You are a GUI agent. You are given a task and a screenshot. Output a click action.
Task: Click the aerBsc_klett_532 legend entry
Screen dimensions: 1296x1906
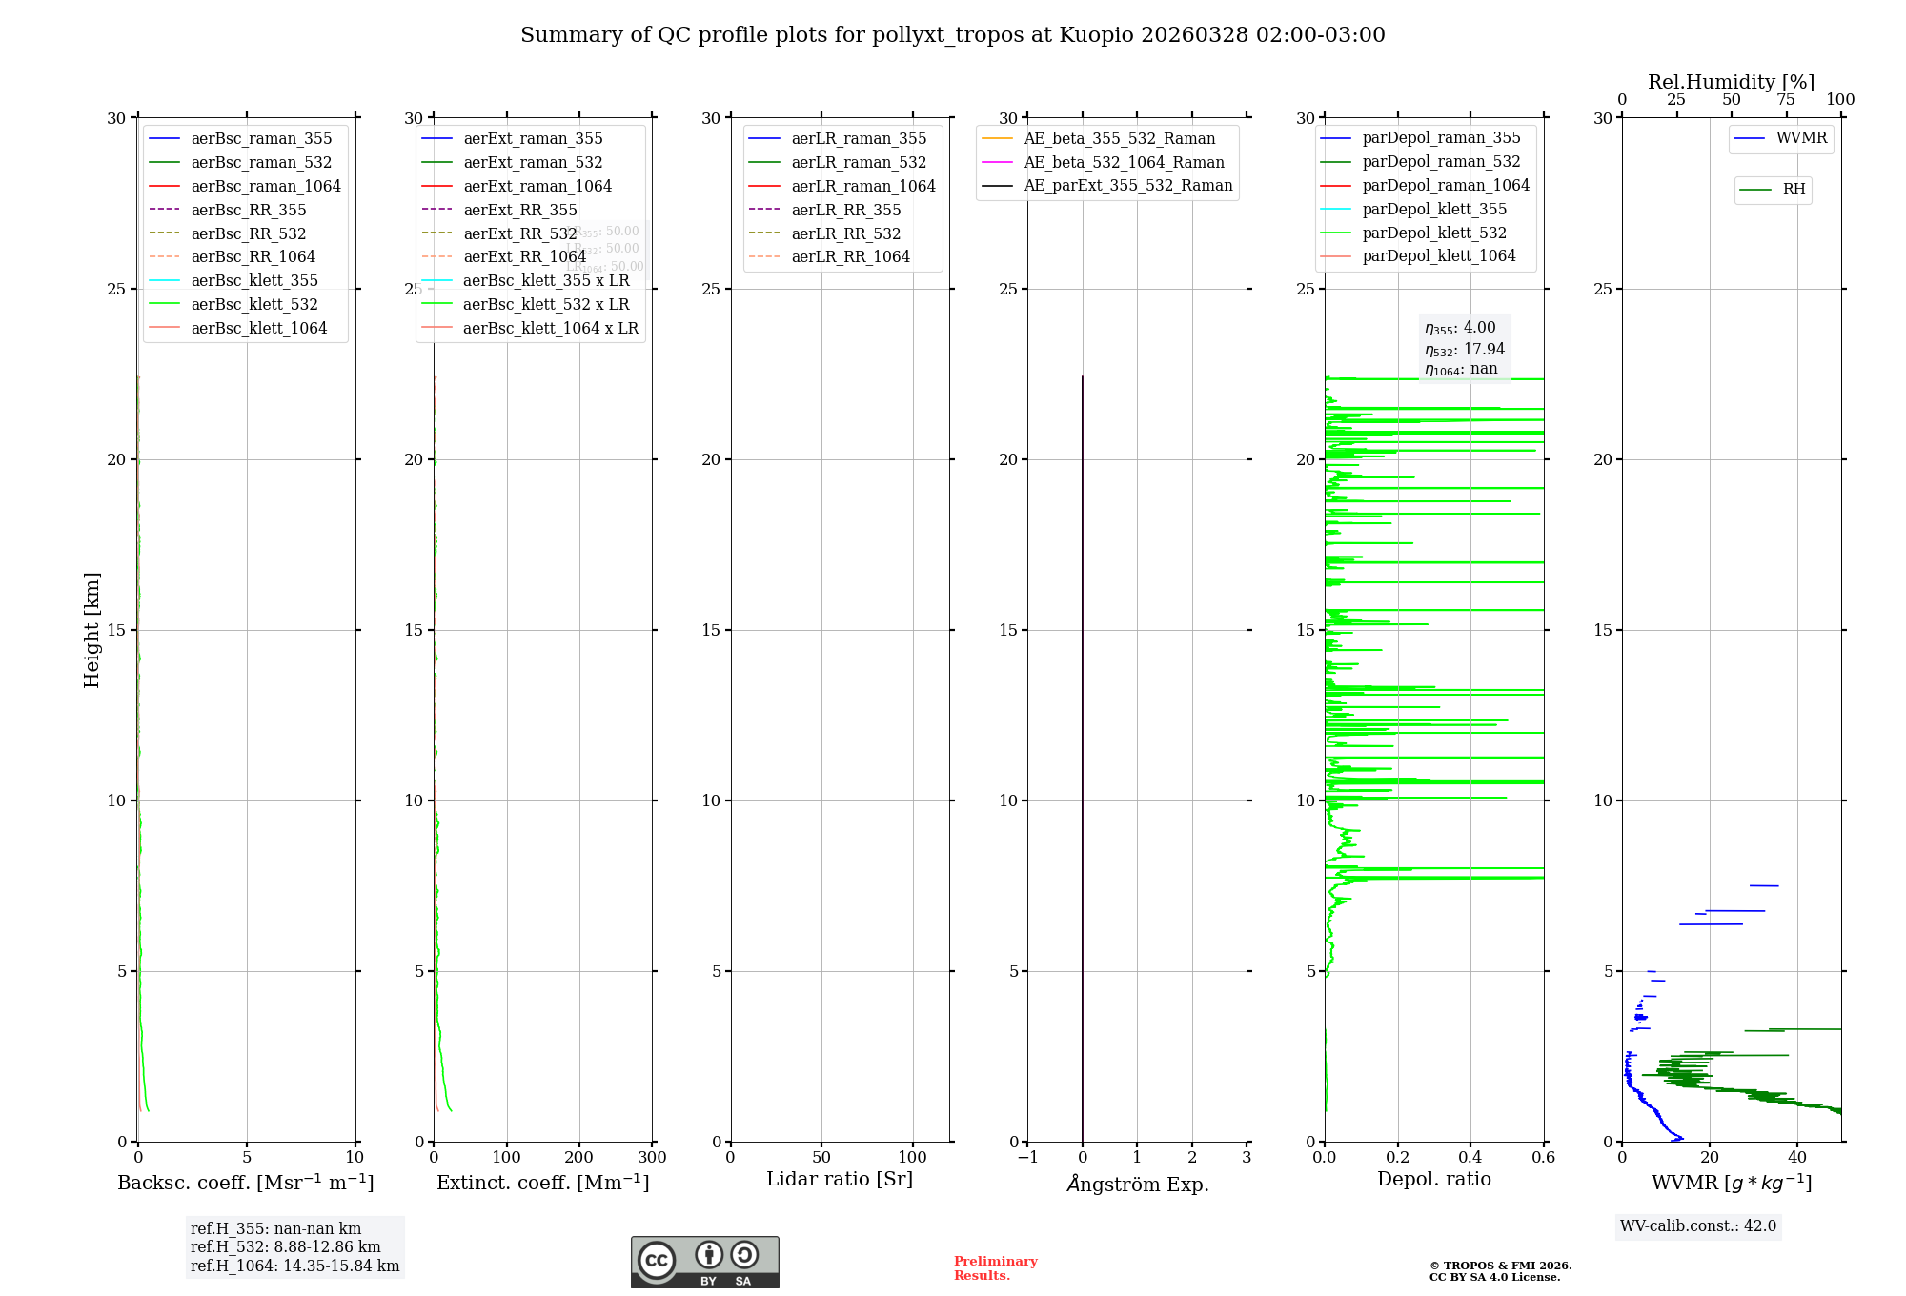pyautogui.click(x=254, y=304)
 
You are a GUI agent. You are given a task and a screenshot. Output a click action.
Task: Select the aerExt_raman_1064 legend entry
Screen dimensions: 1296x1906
pyautogui.click(x=537, y=186)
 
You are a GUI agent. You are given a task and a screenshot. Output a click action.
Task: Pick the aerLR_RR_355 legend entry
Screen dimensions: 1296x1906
pyautogui.click(x=845, y=210)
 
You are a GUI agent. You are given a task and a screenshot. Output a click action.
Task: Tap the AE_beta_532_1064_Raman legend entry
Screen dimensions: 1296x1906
pyautogui.click(x=1124, y=162)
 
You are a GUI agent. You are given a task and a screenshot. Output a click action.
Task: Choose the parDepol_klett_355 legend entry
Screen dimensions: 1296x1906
pyautogui.click(x=1434, y=209)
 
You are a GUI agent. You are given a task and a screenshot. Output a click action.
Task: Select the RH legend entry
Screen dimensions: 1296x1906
pyautogui.click(x=1794, y=190)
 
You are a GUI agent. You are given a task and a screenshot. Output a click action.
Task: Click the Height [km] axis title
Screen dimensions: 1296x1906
pyautogui.click(x=91, y=630)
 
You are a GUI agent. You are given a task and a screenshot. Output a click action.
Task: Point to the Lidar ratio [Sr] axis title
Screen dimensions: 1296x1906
pyautogui.click(x=840, y=1179)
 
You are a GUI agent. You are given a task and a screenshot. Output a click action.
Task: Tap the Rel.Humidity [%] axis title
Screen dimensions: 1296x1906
pyautogui.click(x=1731, y=82)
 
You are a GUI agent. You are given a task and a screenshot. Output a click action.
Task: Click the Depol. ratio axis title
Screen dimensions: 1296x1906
pyautogui.click(x=1433, y=1179)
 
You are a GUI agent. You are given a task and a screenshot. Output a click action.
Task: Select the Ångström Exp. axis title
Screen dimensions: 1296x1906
pyautogui.click(x=1137, y=1184)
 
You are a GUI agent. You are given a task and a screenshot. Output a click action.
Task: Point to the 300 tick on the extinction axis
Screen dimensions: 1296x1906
pyautogui.click(x=652, y=1158)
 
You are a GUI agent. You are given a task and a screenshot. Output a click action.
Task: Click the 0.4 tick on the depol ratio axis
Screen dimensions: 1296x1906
pyautogui.click(x=1470, y=1158)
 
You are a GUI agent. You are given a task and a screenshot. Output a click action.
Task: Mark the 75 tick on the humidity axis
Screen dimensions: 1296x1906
pyautogui.click(x=1785, y=100)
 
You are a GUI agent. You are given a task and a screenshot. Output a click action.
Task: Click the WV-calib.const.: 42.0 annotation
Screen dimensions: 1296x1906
pyautogui.click(x=1697, y=1225)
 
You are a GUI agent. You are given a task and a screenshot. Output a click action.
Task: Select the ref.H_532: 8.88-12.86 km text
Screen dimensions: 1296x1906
pyautogui.click(x=285, y=1247)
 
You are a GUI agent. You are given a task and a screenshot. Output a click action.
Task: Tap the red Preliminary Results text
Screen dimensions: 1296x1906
pyautogui.click(x=995, y=1268)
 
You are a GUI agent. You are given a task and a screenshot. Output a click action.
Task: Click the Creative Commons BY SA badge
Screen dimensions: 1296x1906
pyautogui.click(x=704, y=1263)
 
